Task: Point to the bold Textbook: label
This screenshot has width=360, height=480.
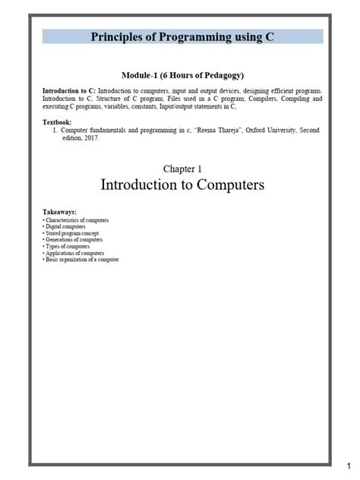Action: [59, 122]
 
